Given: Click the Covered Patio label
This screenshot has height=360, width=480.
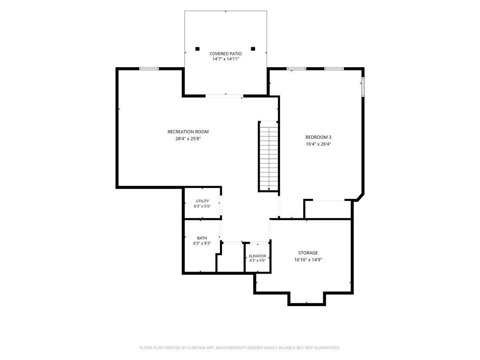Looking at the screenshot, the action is (x=226, y=54).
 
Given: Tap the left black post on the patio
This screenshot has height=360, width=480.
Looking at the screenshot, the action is (x=197, y=49).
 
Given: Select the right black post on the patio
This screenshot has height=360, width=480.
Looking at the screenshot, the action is (x=253, y=49).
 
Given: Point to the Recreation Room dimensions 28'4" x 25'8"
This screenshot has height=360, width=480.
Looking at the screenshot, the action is (x=188, y=138).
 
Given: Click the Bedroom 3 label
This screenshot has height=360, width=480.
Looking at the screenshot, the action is (x=318, y=137).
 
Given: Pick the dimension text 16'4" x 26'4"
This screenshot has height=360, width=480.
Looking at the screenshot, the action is (x=318, y=144).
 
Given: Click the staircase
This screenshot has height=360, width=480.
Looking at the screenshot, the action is (x=268, y=156).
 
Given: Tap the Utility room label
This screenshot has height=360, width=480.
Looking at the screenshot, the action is (x=202, y=201).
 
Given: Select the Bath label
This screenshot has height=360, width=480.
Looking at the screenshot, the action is (x=202, y=238).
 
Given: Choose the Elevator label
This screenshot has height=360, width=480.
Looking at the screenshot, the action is (x=257, y=256).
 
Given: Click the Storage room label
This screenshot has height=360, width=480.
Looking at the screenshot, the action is (x=308, y=253).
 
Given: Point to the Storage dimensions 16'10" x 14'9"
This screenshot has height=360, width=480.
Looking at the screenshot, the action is (x=308, y=260).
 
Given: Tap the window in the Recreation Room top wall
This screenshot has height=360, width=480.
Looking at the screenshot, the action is (x=149, y=69).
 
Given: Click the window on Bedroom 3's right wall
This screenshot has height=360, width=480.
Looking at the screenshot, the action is (x=362, y=86).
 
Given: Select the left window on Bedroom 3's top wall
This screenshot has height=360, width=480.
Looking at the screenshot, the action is (x=296, y=69).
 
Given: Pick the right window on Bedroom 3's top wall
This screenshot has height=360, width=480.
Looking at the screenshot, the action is (x=334, y=69).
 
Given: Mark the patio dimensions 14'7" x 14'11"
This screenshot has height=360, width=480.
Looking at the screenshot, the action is (x=226, y=59).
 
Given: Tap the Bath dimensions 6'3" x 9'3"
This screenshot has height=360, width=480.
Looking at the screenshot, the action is (x=202, y=243).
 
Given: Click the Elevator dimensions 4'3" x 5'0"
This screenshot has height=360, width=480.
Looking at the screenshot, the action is (x=257, y=260).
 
